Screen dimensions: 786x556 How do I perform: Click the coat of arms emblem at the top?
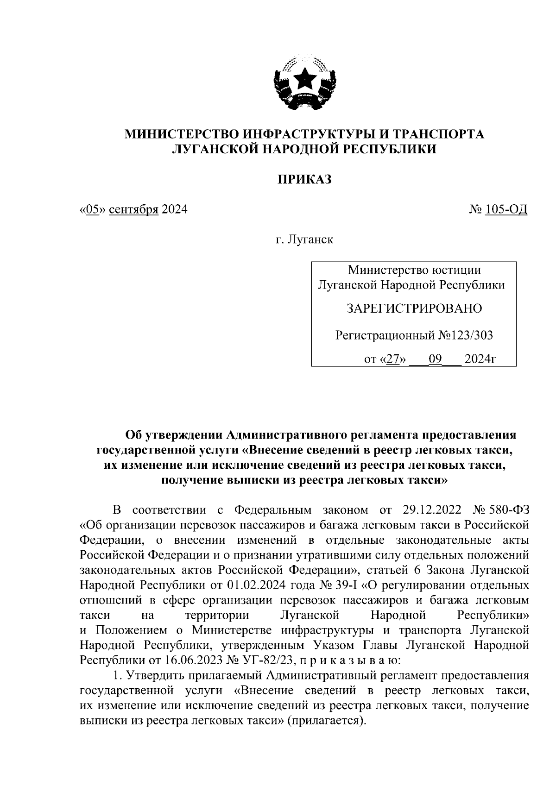(x=304, y=82)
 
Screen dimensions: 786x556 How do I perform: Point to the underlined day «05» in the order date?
(x=94, y=210)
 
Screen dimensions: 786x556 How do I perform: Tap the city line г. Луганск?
(x=304, y=240)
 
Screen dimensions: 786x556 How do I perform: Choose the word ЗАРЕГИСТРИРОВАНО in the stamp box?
(x=414, y=308)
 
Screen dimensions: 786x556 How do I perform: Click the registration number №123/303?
(x=466, y=335)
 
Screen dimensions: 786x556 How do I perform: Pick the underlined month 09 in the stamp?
(x=436, y=359)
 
